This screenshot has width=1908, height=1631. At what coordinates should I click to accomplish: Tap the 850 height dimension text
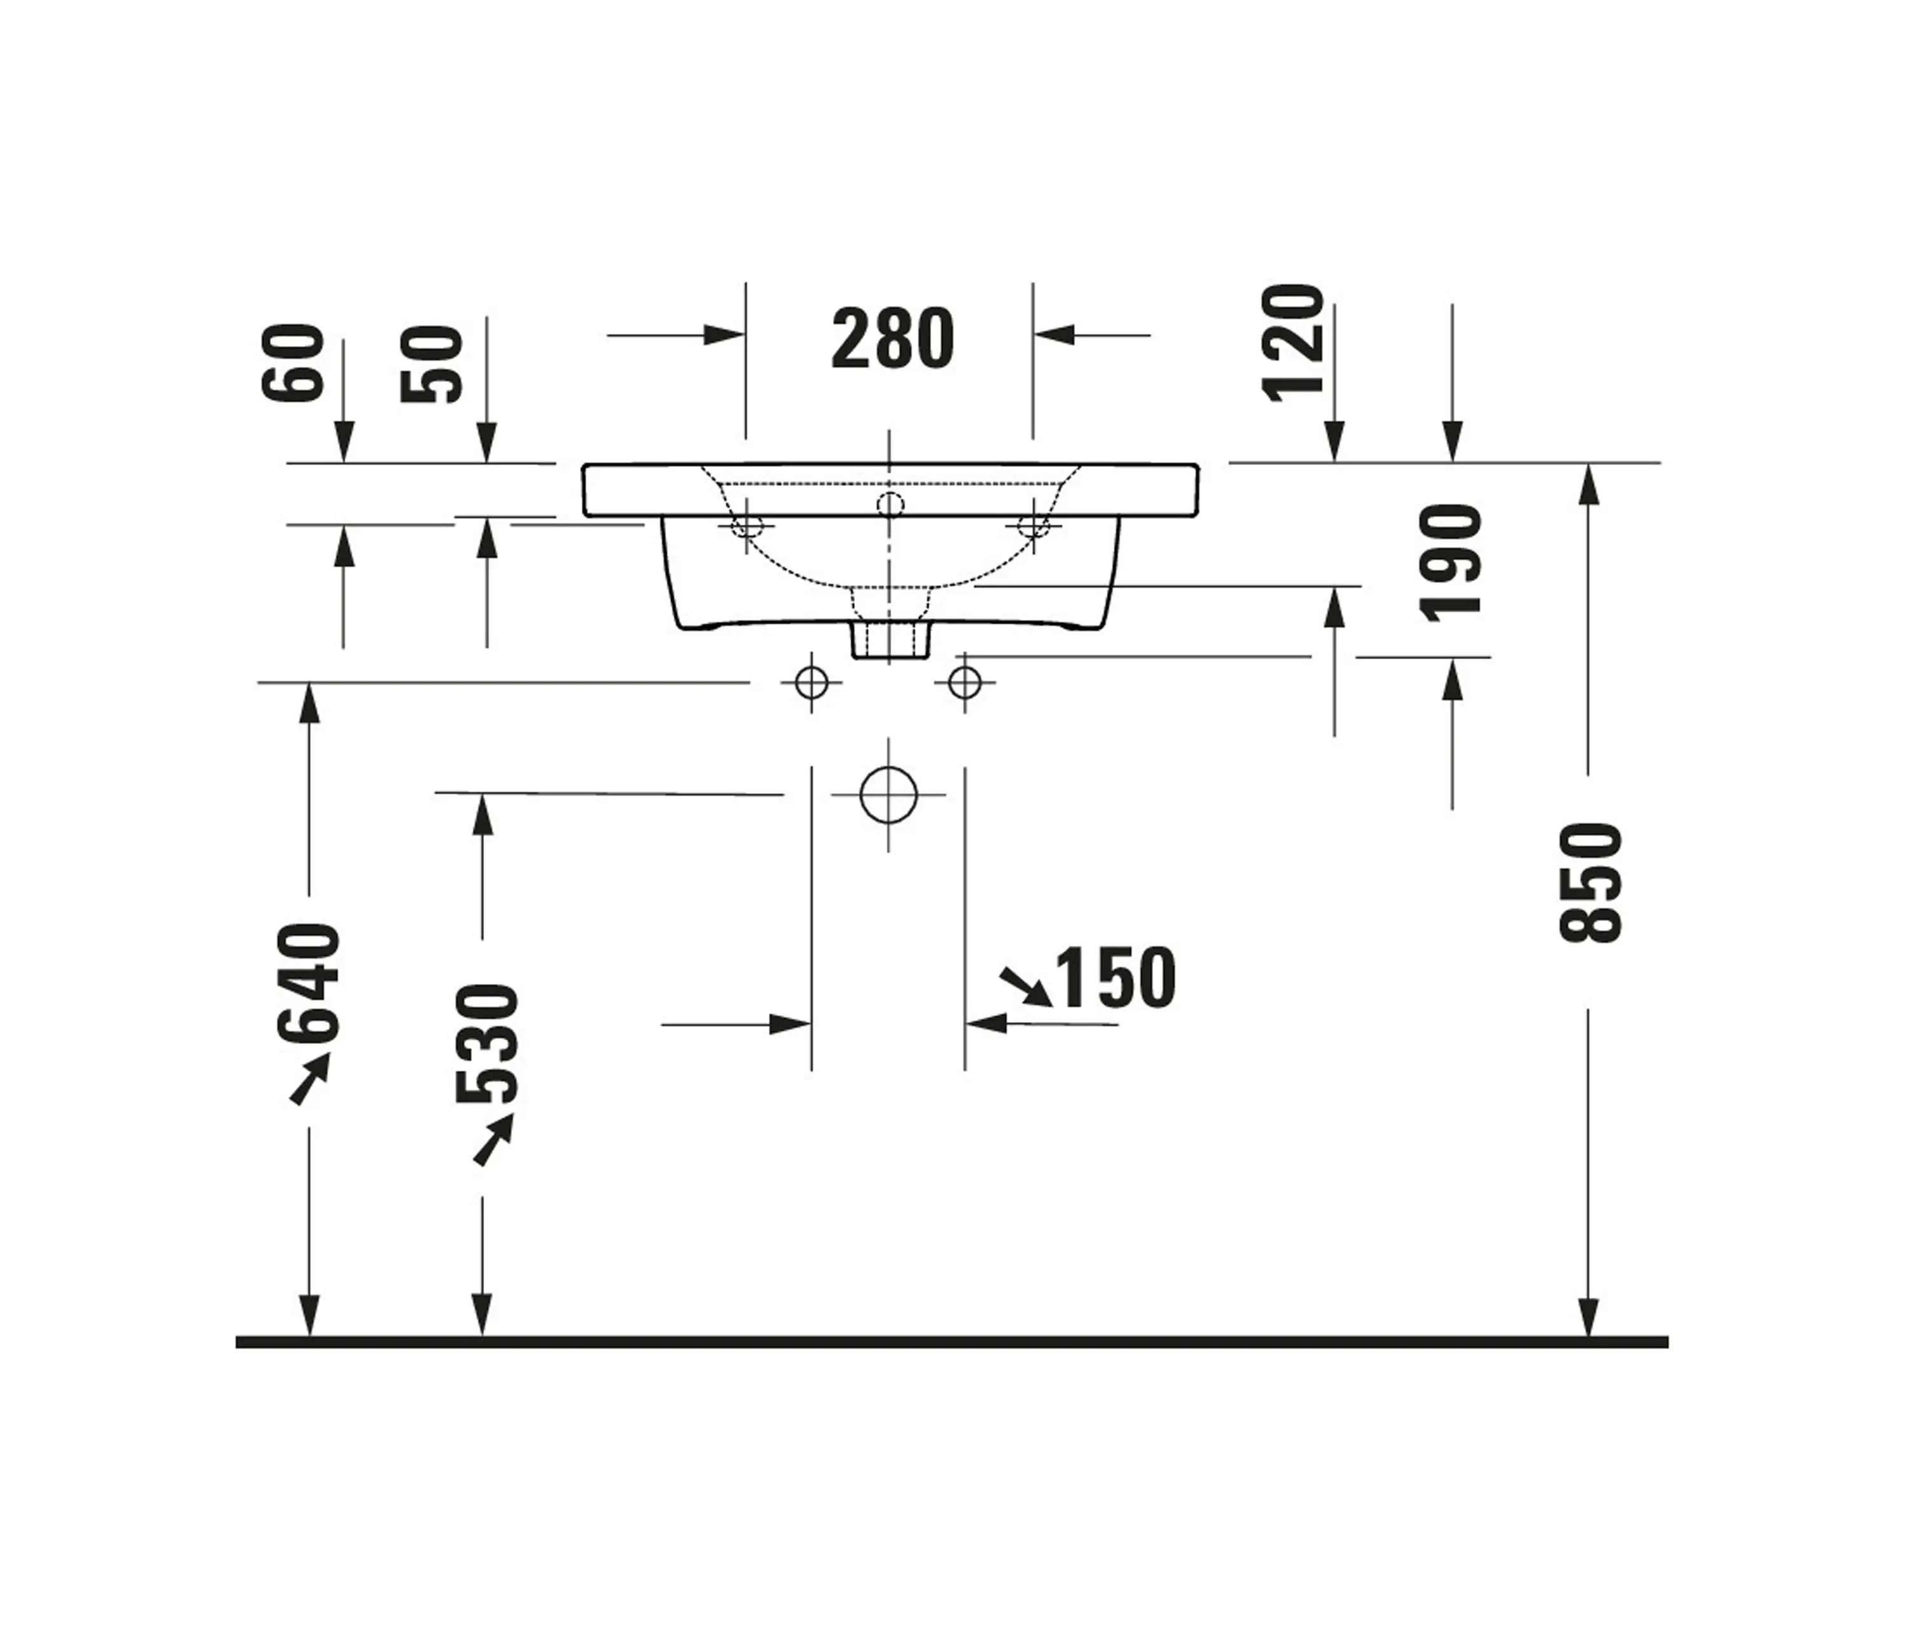1590,882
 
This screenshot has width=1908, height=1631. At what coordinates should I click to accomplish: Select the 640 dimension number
308,983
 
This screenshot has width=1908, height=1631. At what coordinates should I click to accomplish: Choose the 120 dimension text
1293,343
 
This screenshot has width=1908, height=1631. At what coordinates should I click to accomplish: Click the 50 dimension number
431,364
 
